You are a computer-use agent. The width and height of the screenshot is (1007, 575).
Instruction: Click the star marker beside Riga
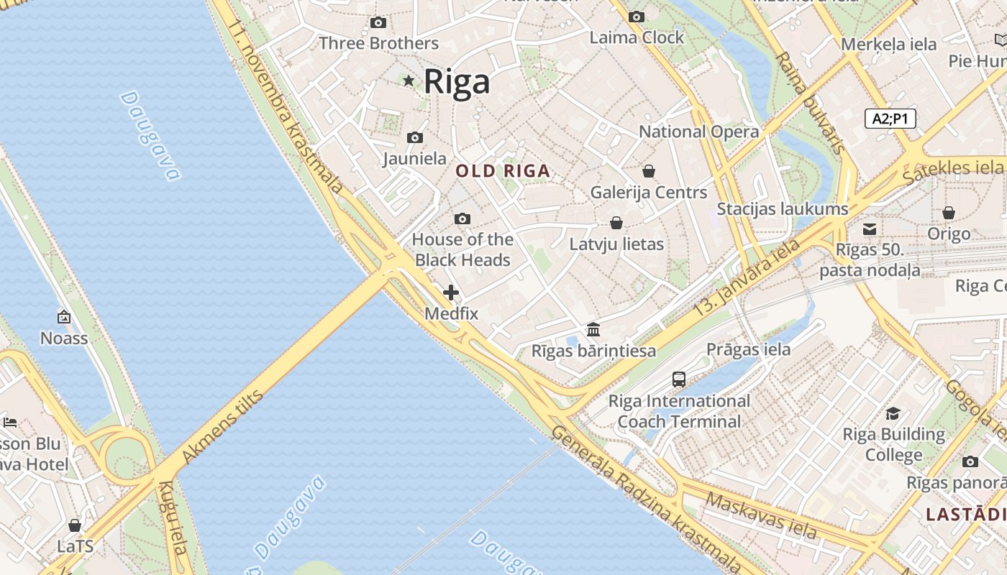(x=409, y=80)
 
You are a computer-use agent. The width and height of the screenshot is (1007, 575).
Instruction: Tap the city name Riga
(x=457, y=81)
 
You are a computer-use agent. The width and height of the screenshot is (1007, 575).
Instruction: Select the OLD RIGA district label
(x=503, y=171)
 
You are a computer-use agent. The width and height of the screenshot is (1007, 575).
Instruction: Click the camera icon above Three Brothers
(x=378, y=23)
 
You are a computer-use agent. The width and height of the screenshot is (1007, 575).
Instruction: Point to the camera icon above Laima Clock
(x=636, y=17)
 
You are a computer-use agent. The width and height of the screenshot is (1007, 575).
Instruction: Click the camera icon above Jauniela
(x=414, y=137)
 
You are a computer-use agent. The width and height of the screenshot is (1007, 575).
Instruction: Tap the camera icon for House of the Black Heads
(x=463, y=218)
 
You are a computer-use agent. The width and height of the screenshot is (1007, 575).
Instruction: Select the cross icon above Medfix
(x=451, y=293)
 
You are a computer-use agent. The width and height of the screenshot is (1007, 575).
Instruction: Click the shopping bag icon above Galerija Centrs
(x=648, y=171)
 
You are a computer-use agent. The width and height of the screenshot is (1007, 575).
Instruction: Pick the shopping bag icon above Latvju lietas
(x=616, y=223)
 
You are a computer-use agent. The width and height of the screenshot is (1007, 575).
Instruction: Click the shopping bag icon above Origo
(x=948, y=213)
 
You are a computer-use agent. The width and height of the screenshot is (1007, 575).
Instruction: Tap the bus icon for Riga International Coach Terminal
(x=678, y=379)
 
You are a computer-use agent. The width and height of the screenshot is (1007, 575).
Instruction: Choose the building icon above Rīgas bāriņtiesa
(x=593, y=329)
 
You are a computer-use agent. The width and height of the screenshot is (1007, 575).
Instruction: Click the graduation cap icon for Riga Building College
(x=893, y=413)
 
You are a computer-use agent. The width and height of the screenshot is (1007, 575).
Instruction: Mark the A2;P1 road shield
(x=890, y=119)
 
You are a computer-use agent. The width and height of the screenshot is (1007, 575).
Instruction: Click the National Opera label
(x=698, y=132)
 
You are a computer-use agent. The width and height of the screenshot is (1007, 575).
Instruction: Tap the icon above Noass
(x=64, y=316)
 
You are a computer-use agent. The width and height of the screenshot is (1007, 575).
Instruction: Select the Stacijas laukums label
(x=783, y=209)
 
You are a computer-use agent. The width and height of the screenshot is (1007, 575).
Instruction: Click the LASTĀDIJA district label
(x=966, y=514)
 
